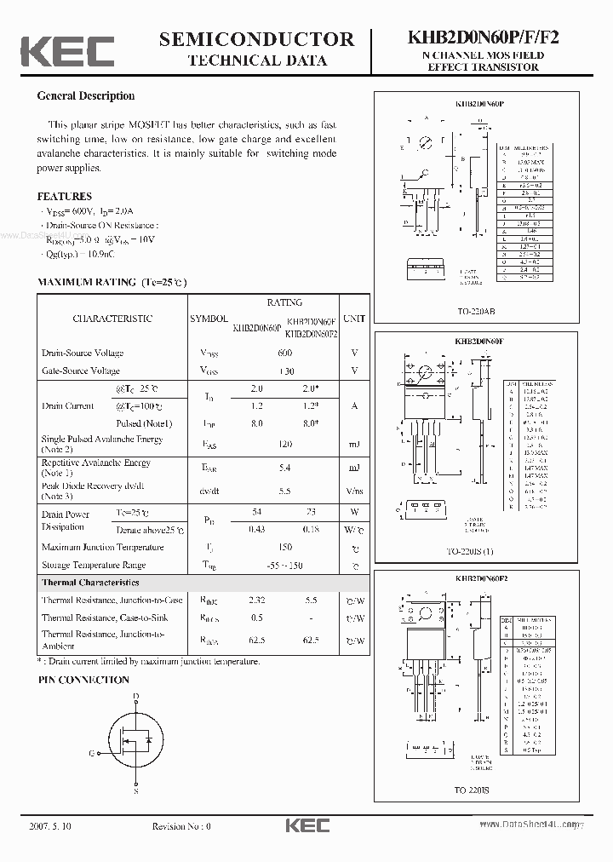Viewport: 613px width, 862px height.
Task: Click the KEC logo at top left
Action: click(67, 51)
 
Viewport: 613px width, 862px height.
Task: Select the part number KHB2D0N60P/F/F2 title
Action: click(484, 38)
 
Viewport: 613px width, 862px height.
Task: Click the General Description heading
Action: click(86, 96)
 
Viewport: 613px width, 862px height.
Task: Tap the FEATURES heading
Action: click(65, 196)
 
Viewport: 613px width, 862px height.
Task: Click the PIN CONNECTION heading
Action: click(83, 680)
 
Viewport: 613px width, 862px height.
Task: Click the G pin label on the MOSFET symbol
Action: click(91, 753)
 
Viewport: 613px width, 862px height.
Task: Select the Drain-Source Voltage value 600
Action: click(284, 353)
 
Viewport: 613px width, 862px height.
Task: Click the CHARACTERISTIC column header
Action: click(112, 319)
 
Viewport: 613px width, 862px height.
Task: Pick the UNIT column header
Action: click(354, 319)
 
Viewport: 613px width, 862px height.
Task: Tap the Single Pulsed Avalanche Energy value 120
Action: click(284, 444)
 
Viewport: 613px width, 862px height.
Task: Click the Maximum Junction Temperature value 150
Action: click(284, 547)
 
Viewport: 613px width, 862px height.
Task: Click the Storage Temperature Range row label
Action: click(94, 565)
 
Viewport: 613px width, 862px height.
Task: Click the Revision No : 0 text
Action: click(180, 825)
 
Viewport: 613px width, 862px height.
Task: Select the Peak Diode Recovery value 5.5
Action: click(284, 491)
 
